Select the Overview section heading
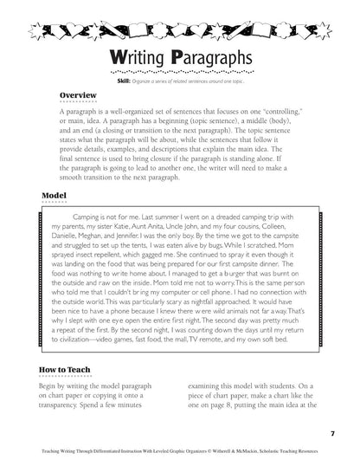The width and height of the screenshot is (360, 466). pos(80,95)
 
